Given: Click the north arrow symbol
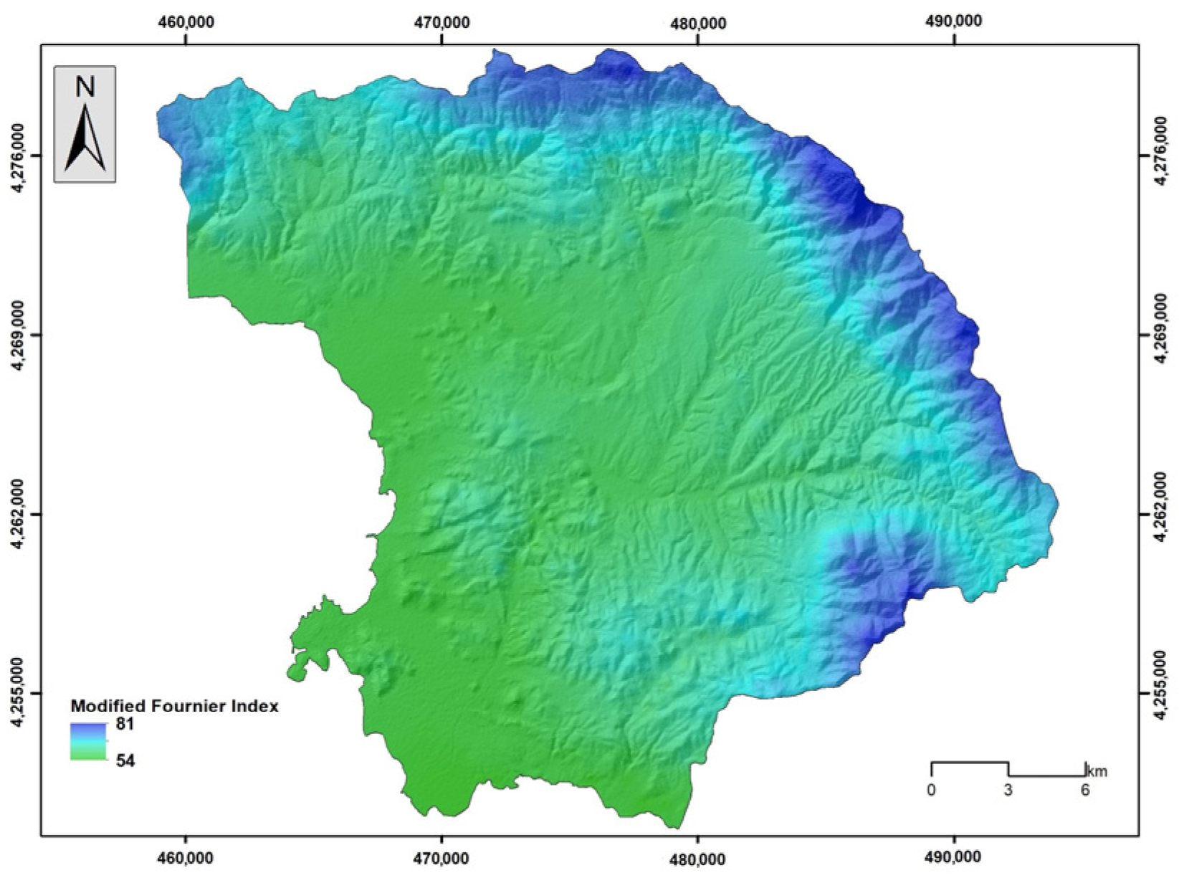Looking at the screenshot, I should (x=85, y=139).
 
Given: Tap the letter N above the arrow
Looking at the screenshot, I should (x=85, y=87).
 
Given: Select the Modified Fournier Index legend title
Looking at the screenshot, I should (x=174, y=706).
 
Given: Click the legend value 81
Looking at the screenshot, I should (x=125, y=725).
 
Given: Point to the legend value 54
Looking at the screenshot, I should (x=125, y=760).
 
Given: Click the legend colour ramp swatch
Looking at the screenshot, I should (x=88, y=741).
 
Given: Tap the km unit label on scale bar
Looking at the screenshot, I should (x=1097, y=772).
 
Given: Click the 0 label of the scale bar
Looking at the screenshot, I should (x=931, y=791).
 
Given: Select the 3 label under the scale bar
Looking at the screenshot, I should (x=1008, y=791).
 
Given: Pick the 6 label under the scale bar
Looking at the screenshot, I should (x=1085, y=791).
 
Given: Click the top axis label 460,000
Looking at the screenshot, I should (x=186, y=22).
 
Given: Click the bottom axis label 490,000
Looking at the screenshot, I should (x=954, y=857).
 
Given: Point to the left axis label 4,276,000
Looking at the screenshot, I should (x=16, y=156).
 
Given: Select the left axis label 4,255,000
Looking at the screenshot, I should (x=16, y=693).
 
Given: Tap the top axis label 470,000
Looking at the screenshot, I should (x=441, y=22).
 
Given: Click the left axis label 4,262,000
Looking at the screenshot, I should (x=16, y=515).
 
